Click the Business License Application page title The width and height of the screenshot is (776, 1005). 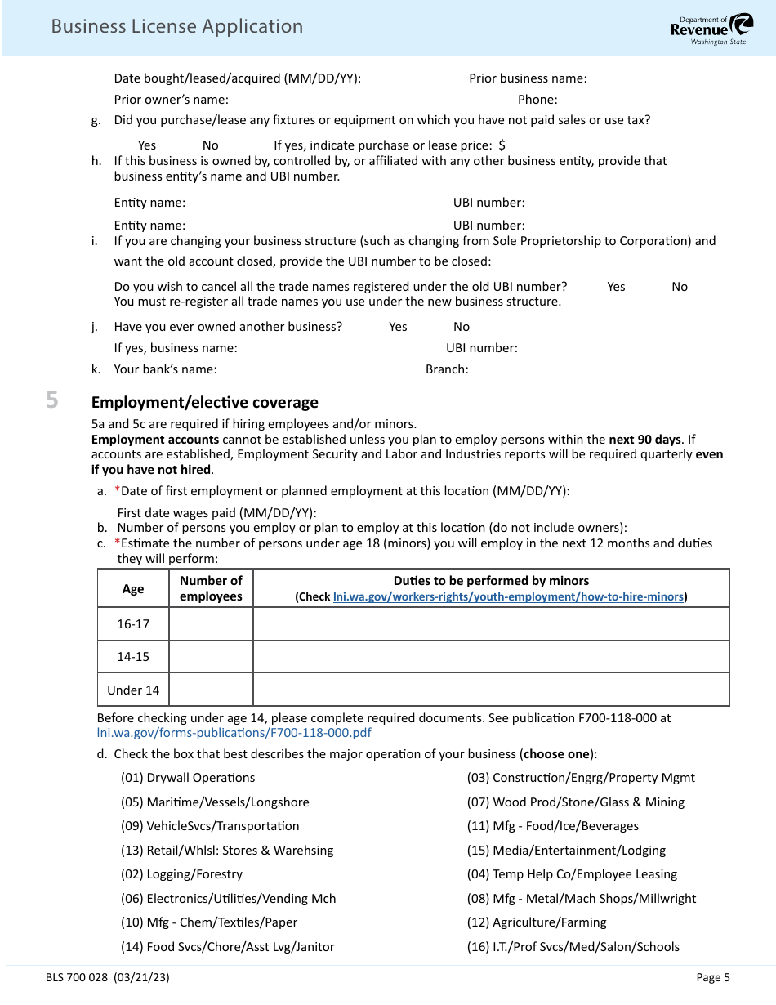176,26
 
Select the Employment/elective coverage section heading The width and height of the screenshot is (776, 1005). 204,402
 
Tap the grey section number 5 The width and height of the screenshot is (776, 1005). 52,400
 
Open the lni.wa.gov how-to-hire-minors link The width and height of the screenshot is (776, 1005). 508,596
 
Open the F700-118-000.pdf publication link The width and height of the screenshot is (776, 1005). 234,733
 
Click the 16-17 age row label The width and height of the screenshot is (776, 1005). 133,623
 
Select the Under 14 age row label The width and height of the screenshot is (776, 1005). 133,690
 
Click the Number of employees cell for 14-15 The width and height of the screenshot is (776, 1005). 211,656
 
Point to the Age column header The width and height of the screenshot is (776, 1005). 133,588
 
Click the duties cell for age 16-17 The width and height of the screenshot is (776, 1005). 491,623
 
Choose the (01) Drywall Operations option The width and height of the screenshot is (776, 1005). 188,778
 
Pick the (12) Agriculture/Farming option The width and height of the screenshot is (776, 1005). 537,922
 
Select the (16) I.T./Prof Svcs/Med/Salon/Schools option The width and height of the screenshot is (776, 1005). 573,947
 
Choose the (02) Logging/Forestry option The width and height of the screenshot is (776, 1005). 181,874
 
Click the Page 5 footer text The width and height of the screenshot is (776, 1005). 713,977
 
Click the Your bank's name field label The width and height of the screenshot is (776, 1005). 165,369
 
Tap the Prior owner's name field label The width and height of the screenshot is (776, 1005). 171,100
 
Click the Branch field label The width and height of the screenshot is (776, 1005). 447,369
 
